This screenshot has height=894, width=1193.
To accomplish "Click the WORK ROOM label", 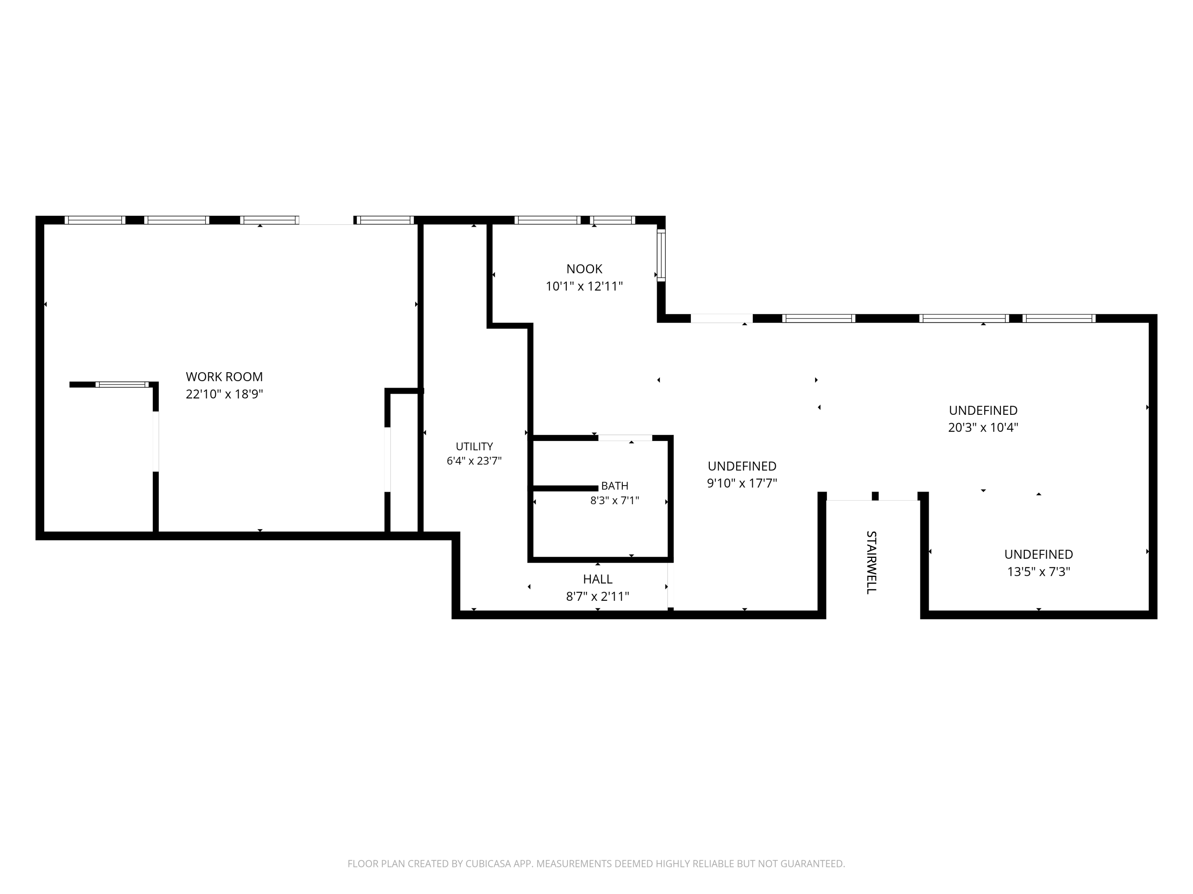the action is (x=224, y=377).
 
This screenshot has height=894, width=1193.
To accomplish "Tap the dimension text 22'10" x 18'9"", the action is (x=224, y=394).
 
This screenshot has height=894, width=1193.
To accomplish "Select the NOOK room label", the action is (x=584, y=269).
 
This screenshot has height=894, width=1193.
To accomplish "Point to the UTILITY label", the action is (x=474, y=446).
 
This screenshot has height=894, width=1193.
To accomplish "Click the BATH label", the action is (x=615, y=486).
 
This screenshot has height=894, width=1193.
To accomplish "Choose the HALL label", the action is (x=598, y=579).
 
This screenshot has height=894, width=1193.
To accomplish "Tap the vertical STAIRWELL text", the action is (x=871, y=562).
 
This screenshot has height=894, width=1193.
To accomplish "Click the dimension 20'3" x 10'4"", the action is (x=983, y=427).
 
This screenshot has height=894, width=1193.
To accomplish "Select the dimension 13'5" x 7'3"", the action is (x=1039, y=571).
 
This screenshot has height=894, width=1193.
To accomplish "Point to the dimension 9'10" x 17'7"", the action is (x=742, y=483).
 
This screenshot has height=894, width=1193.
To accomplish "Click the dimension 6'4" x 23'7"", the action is (x=474, y=461).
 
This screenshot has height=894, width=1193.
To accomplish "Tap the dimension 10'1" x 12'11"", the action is (x=584, y=286).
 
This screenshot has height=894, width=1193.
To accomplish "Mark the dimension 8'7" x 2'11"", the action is (x=598, y=596).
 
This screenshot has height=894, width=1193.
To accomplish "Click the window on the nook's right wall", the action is (x=661, y=255).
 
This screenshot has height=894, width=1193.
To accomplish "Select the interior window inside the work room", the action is (x=122, y=384).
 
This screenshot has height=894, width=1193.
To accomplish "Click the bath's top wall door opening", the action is (x=625, y=437).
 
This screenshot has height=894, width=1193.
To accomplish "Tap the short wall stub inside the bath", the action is (x=565, y=488).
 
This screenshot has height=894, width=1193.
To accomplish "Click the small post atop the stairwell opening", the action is (x=875, y=496).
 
